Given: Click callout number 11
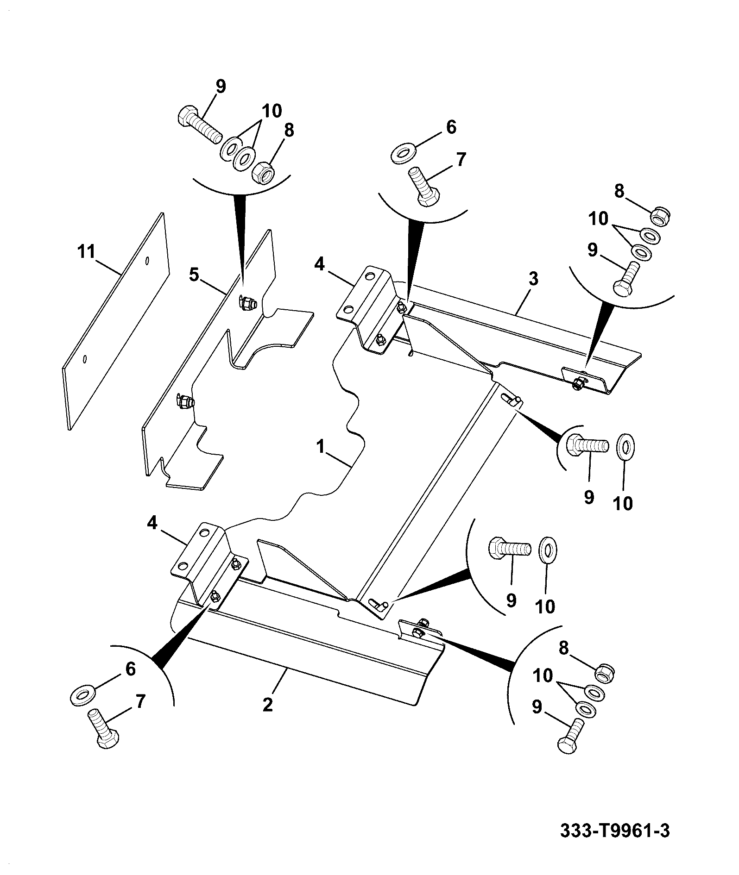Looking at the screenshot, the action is [x=87, y=252].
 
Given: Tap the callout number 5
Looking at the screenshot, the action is [x=194, y=275].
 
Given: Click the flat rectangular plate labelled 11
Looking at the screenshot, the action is [x=116, y=321].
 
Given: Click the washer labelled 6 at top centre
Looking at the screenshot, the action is [x=404, y=154].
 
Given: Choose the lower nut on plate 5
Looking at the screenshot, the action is [x=185, y=402].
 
